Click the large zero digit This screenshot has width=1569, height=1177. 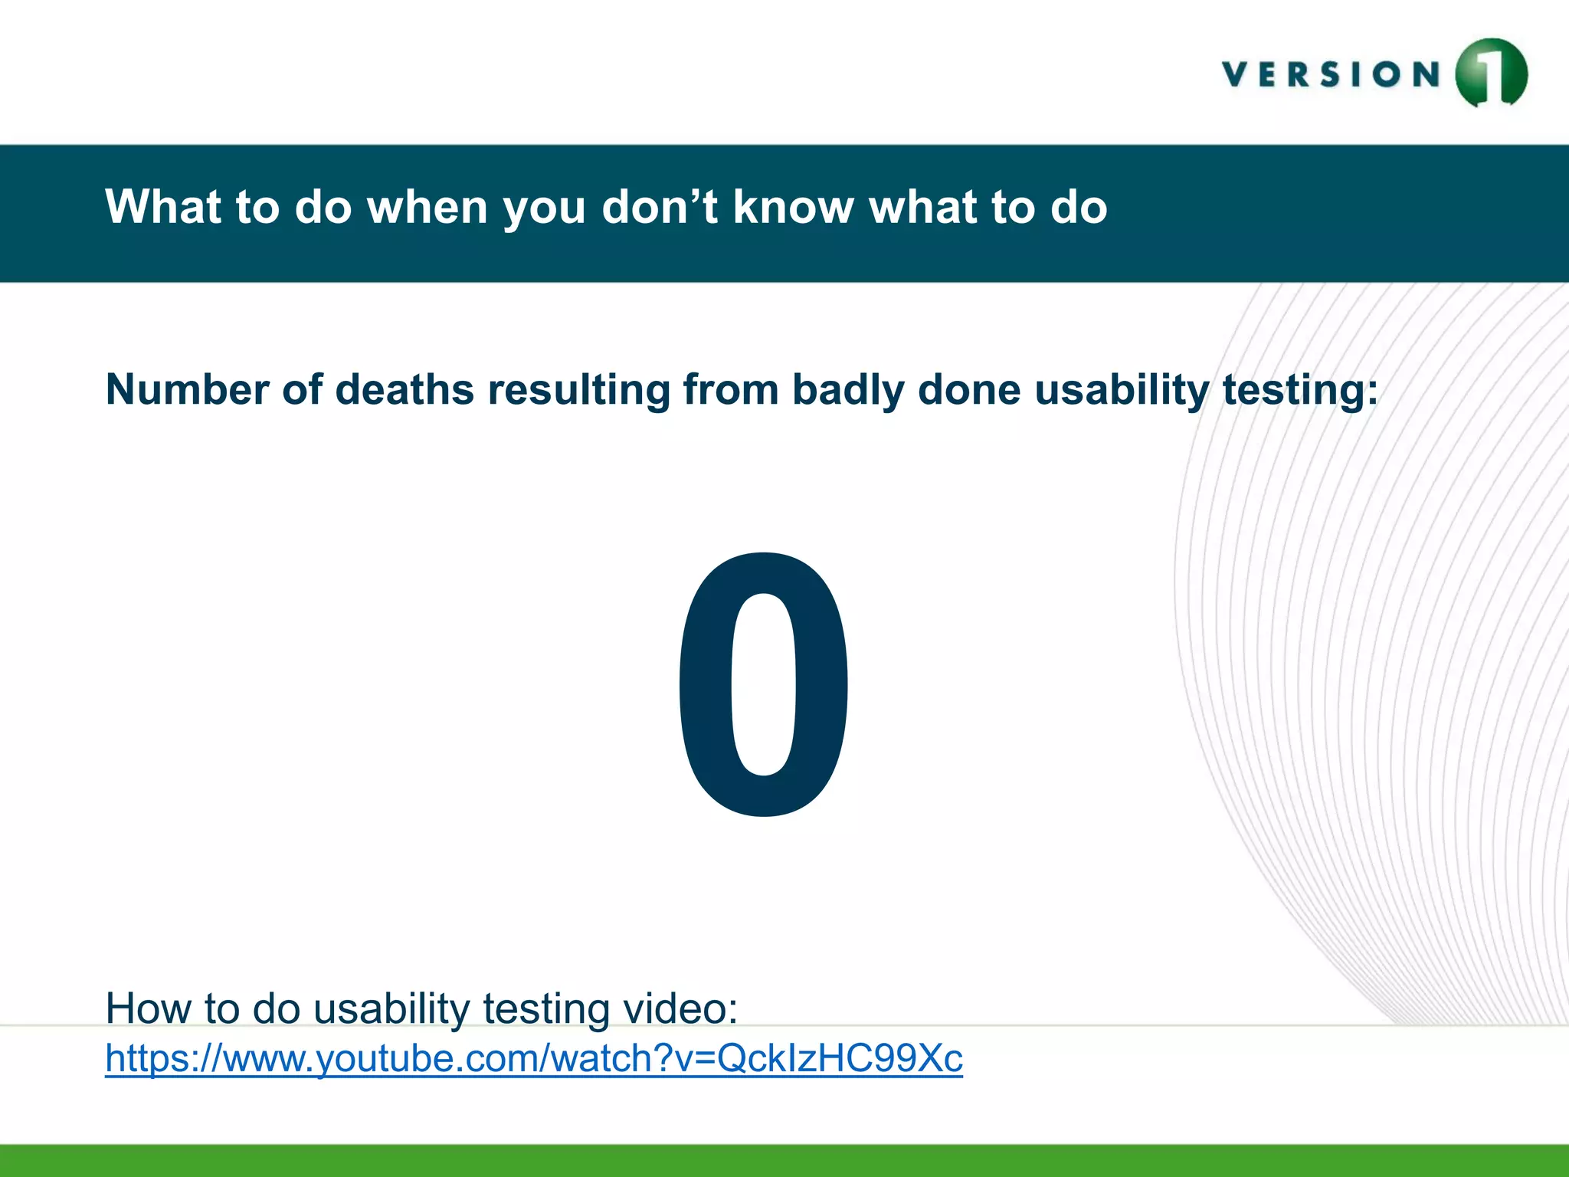pos(763,684)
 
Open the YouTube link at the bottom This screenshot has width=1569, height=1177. pos(533,1058)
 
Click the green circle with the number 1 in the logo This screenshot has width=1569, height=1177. pos(1491,74)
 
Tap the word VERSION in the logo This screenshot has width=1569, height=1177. pos(1332,75)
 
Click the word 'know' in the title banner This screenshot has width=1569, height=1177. pos(793,207)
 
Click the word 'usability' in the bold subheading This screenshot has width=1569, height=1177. pos(1121,391)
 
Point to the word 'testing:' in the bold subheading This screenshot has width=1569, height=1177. pos(1299,391)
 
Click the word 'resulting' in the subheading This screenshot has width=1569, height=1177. pos(578,391)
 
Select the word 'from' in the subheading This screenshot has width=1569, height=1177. pos(729,389)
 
